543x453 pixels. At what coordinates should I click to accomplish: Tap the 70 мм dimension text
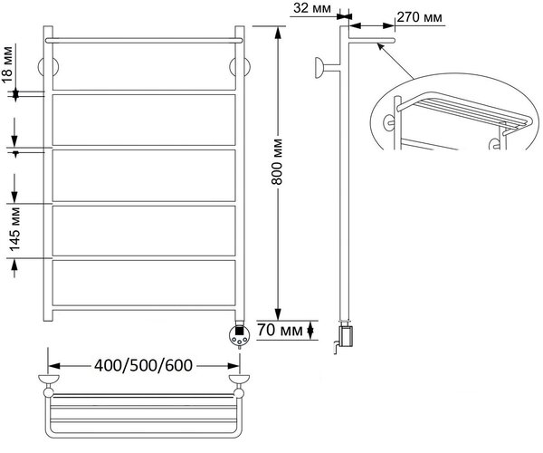(280, 331)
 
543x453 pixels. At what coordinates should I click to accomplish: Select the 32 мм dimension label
(312, 8)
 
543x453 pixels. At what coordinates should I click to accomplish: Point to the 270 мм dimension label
(419, 16)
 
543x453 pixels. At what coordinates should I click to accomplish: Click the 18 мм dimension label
(7, 64)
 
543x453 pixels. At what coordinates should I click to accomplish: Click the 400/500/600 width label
(143, 365)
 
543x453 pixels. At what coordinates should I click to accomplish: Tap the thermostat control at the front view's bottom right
(239, 334)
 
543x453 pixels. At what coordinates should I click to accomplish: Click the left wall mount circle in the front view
(48, 66)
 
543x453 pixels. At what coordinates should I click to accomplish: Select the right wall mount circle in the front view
(240, 66)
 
